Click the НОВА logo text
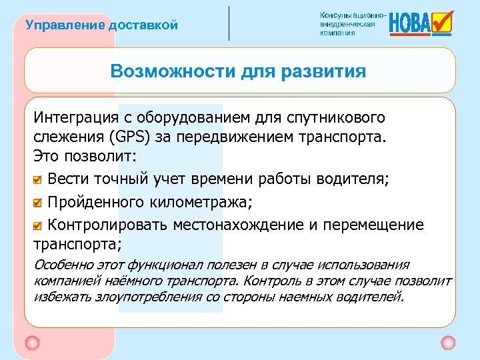coord(409,25)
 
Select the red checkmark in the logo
coord(442,21)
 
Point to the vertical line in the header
coord(229,23)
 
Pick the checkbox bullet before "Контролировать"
coord(39,225)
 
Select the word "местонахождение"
coord(238,224)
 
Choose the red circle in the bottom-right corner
coord(448,343)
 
